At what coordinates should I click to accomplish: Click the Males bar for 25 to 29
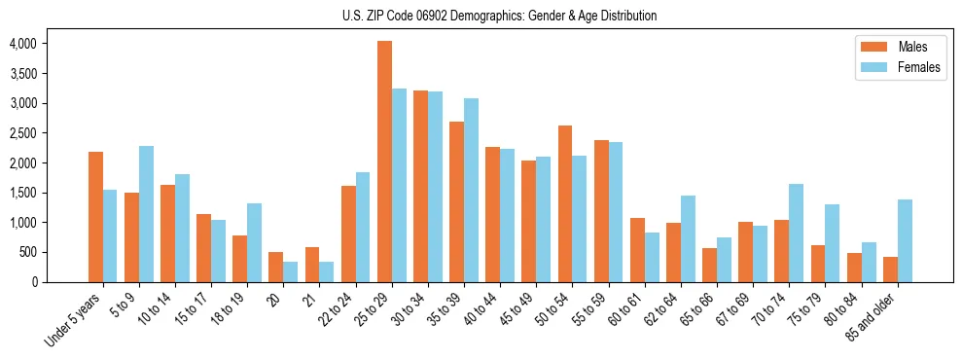[385, 162]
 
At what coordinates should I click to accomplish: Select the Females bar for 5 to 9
[146, 214]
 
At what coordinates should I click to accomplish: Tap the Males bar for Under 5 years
[95, 217]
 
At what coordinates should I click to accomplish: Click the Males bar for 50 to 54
[565, 203]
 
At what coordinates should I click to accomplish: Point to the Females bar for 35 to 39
[472, 190]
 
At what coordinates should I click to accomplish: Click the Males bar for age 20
[276, 267]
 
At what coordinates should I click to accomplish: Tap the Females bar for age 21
[327, 271]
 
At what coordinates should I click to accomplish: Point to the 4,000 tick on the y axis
[23, 44]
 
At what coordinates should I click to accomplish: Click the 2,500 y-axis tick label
[23, 133]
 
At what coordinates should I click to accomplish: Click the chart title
[499, 16]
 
